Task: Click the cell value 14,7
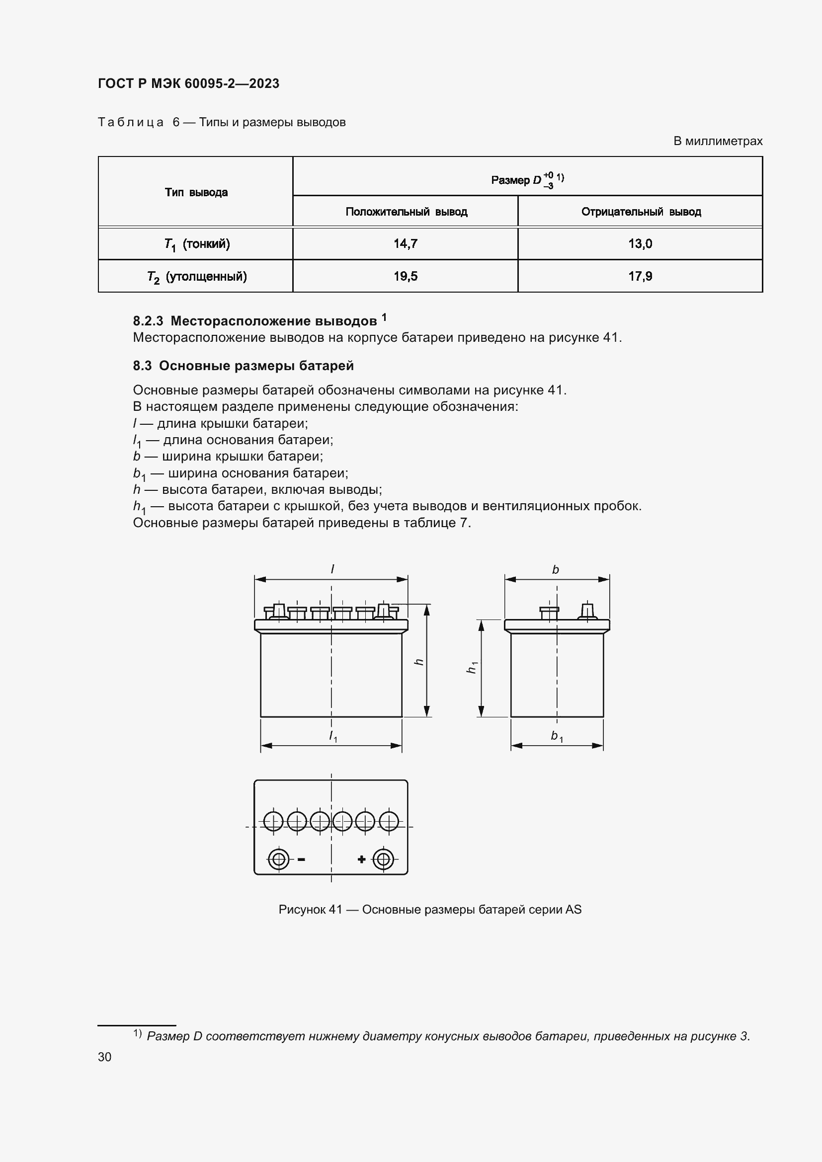click(406, 244)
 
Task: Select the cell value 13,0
click(640, 244)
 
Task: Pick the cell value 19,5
click(406, 276)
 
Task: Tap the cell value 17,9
click(640, 276)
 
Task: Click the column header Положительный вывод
click(406, 212)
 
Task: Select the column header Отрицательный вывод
click(641, 212)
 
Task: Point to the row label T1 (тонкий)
click(197, 244)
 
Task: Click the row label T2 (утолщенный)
click(197, 277)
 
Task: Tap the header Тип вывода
click(196, 192)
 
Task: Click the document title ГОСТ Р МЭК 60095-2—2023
click(188, 83)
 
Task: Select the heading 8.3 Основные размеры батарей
click(243, 366)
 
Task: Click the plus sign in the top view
click(361, 859)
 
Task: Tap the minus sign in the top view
click(301, 859)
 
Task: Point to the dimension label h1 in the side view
click(471, 668)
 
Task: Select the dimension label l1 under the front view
click(332, 736)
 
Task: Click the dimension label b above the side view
click(555, 570)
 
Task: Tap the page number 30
click(105, 1057)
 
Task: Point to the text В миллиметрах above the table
click(717, 141)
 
